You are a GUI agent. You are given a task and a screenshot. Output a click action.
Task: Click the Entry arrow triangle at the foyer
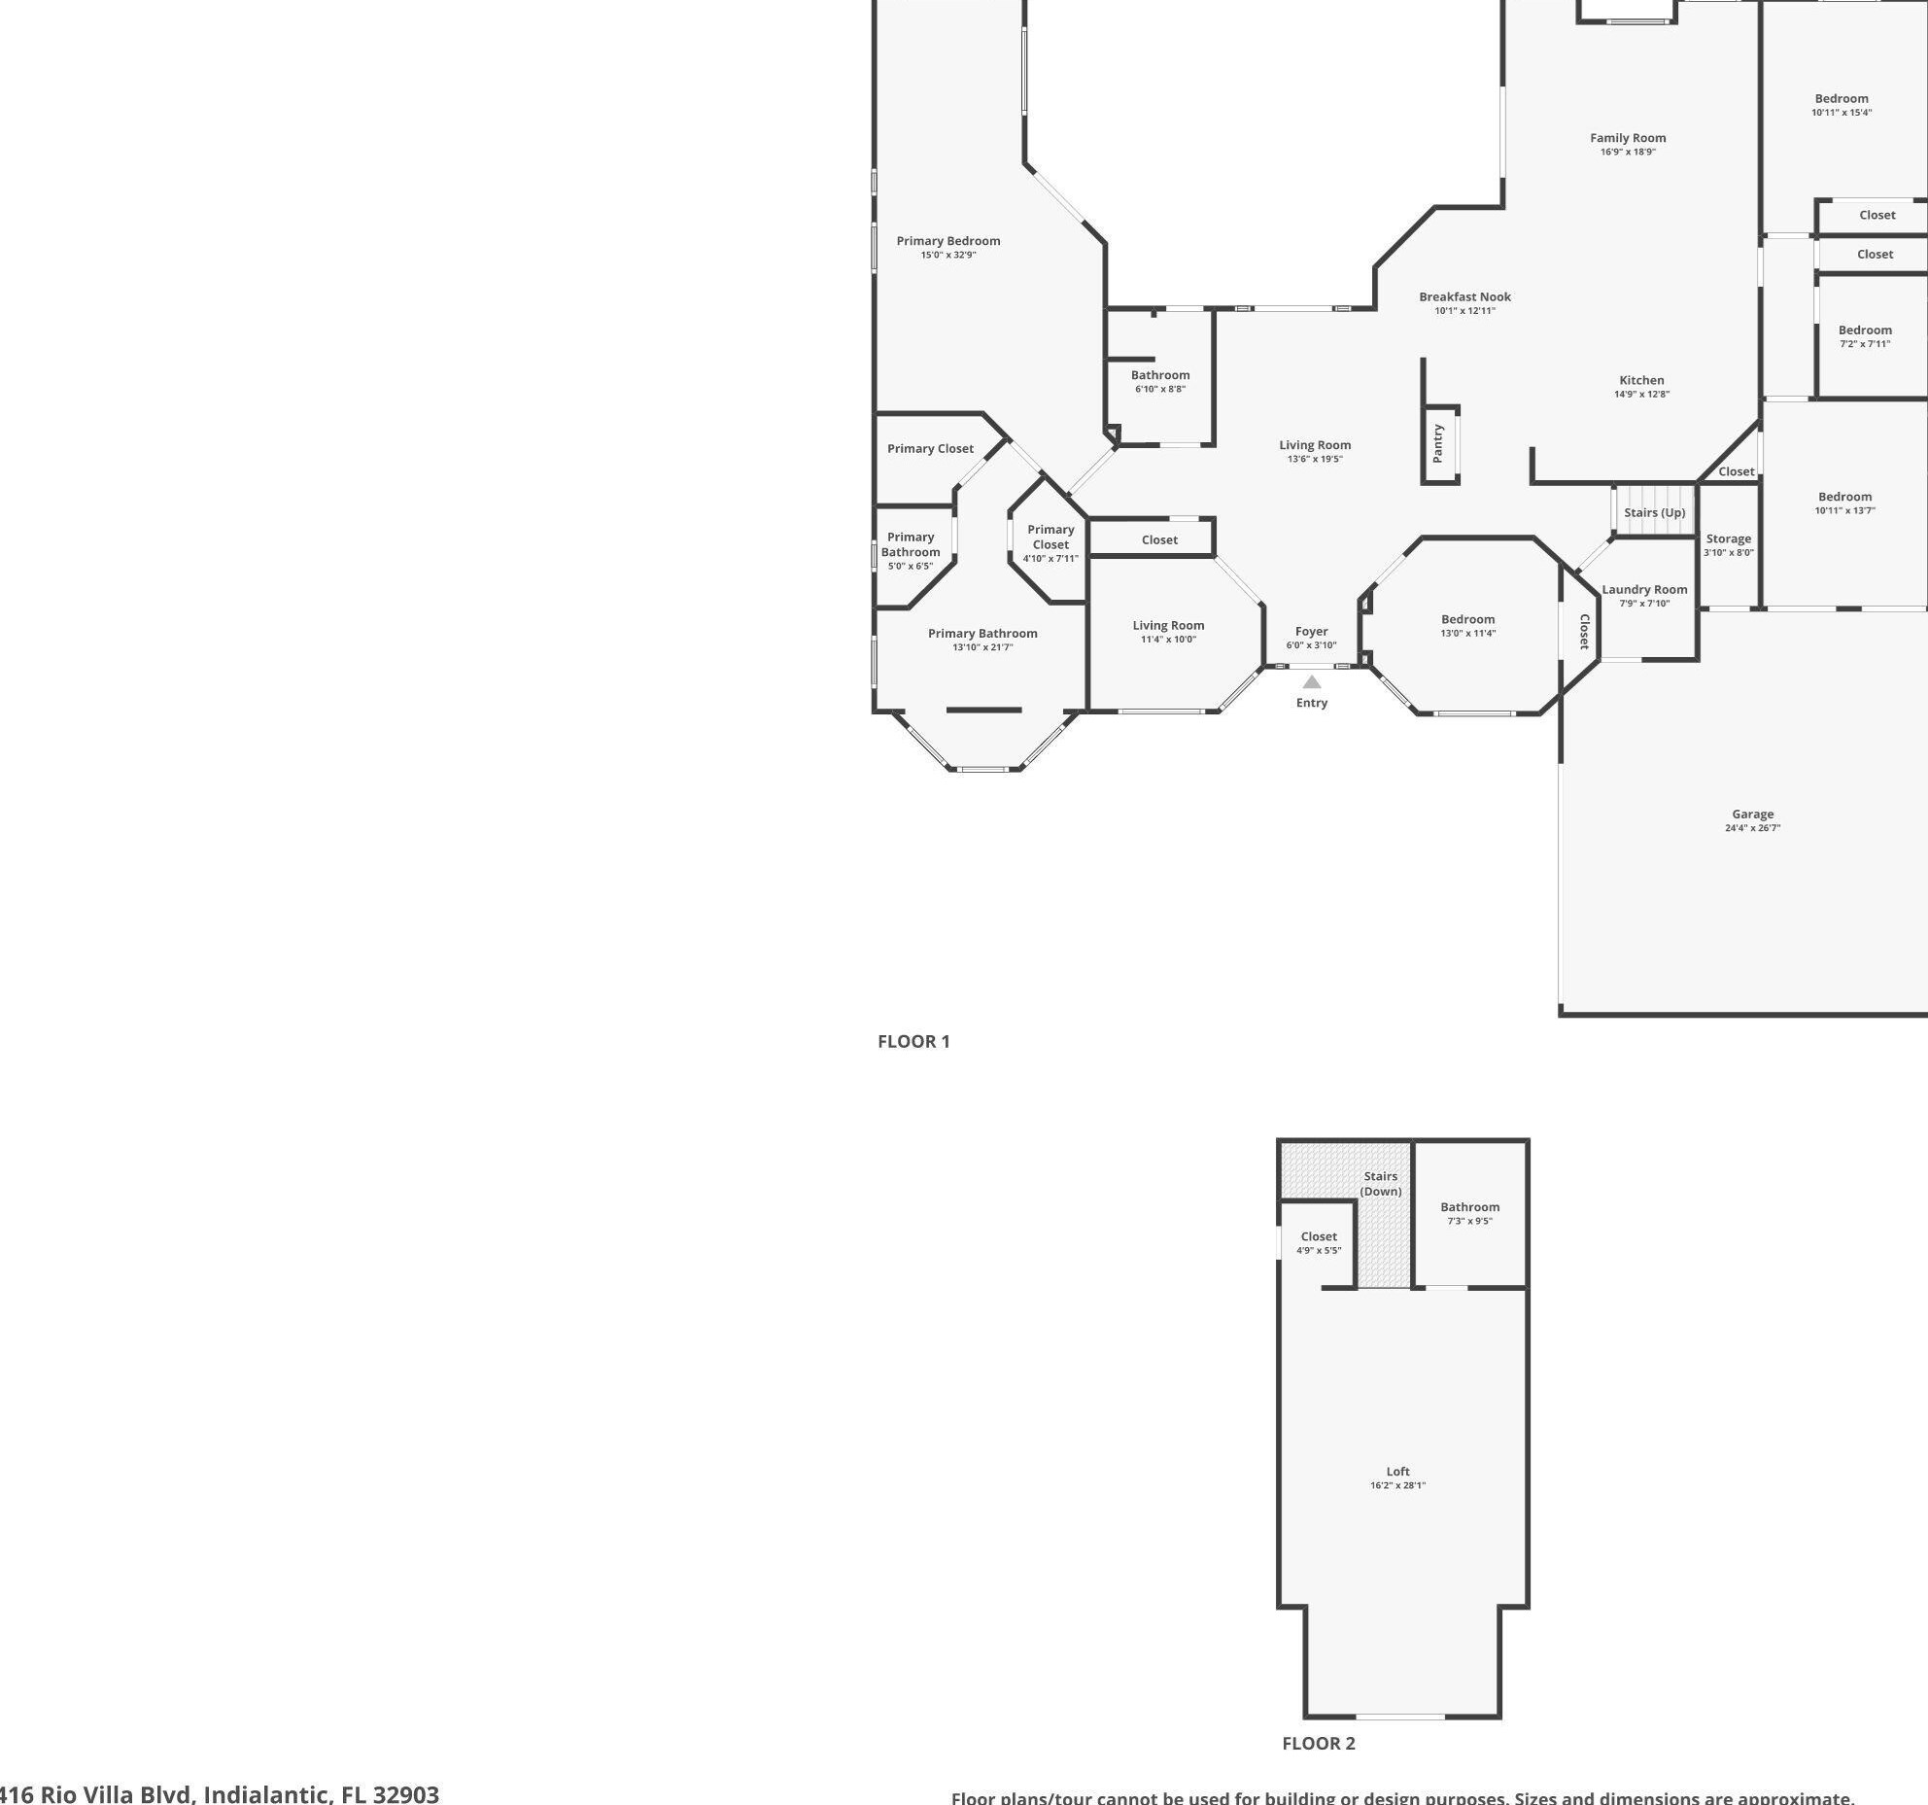click(1312, 681)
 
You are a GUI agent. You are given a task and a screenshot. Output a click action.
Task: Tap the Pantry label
click(1438, 444)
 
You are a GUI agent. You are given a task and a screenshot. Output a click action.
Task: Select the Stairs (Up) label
click(1654, 512)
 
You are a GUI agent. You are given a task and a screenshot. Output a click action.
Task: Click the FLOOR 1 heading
click(913, 1041)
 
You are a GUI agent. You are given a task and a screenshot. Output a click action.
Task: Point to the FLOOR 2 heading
click(1318, 1743)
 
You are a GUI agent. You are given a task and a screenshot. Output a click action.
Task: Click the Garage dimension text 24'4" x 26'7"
click(1752, 828)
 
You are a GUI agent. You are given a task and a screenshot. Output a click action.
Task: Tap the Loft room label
click(1397, 1471)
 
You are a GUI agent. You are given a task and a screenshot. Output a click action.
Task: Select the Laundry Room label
click(1644, 589)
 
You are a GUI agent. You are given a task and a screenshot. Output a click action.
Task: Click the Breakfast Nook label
click(1464, 296)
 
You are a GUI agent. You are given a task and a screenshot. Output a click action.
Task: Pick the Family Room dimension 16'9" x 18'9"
click(1628, 152)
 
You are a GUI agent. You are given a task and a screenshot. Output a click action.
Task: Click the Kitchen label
click(1641, 380)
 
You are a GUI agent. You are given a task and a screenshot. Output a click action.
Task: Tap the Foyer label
click(1311, 631)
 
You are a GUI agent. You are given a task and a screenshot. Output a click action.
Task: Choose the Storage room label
click(1728, 538)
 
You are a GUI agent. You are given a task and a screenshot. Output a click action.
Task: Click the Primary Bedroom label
click(947, 241)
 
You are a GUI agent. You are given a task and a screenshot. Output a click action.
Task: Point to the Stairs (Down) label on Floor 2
click(1380, 1183)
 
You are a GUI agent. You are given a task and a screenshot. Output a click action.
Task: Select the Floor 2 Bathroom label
click(1469, 1206)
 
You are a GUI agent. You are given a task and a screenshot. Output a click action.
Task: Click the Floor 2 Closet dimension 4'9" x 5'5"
click(1319, 1250)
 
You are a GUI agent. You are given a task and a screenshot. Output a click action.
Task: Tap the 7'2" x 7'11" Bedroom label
click(1865, 330)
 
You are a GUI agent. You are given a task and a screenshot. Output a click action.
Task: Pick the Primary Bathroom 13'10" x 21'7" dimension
click(982, 647)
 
